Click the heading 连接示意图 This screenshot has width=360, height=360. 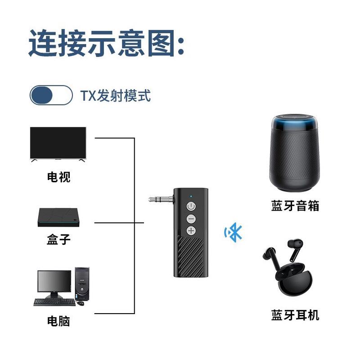(107, 43)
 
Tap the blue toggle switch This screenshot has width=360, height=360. (51, 95)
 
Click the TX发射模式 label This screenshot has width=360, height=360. (115, 95)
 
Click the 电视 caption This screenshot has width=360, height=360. (58, 177)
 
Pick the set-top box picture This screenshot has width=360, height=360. (58, 216)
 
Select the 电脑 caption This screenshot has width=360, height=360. (58, 321)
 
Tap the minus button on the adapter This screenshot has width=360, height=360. (191, 219)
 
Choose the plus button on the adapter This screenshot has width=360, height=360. (191, 231)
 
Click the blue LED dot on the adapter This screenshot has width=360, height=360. (191, 196)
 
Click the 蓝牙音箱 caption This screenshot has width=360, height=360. (295, 206)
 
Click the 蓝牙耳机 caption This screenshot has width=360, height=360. (295, 315)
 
